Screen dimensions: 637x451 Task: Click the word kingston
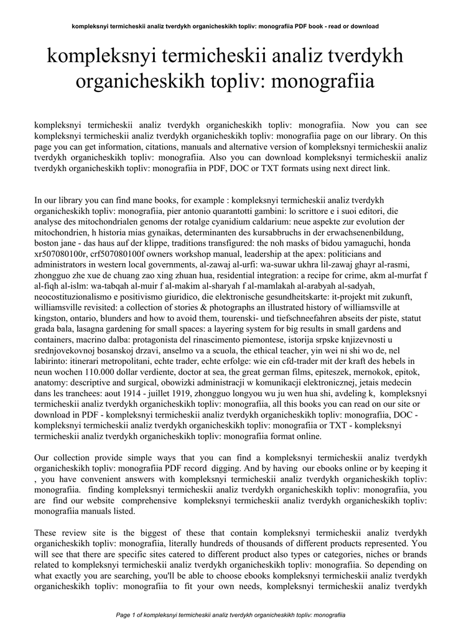(x=52, y=318)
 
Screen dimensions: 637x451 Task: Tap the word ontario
(x=88, y=318)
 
